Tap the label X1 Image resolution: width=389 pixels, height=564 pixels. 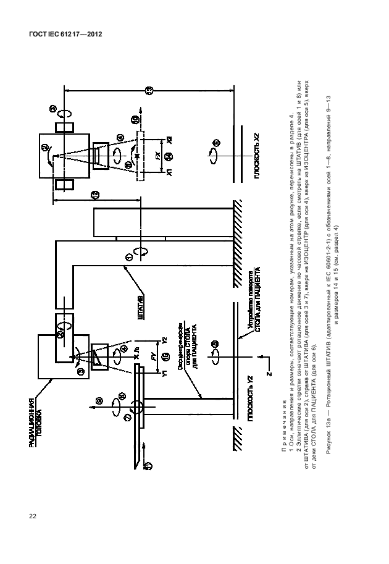pyautogui.click(x=169, y=174)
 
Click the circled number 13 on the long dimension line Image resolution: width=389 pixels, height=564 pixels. pyautogui.click(x=148, y=91)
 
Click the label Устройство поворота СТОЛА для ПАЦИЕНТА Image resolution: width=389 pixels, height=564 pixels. pyautogui.click(x=255, y=294)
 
